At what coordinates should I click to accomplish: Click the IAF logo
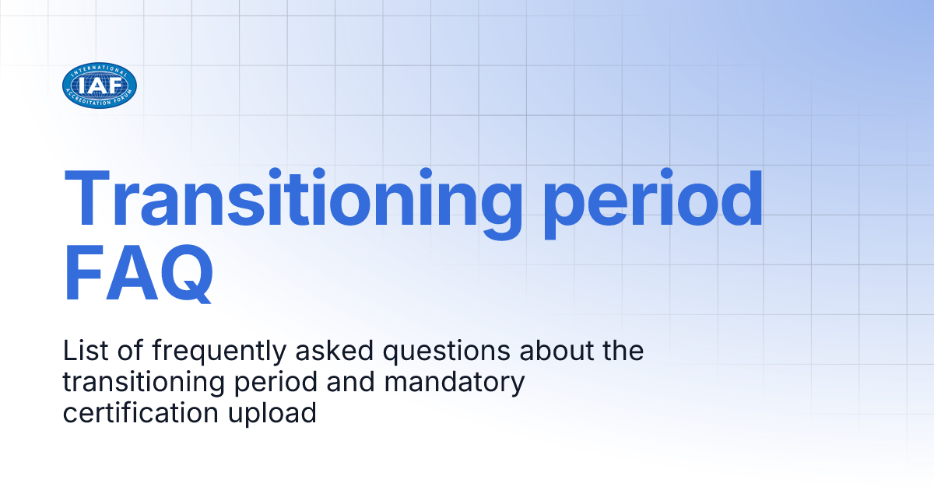tap(100, 86)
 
